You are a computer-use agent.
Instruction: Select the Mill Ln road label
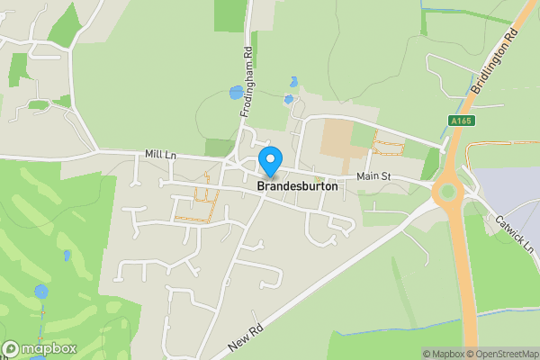(161, 156)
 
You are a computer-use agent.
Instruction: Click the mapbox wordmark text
(49, 348)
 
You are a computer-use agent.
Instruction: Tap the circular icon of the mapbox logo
(12, 348)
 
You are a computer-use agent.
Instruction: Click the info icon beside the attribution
(413, 354)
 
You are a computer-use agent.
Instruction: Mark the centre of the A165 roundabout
(445, 192)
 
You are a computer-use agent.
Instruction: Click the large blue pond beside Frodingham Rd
(236, 92)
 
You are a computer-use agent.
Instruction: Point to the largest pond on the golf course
(41, 292)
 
